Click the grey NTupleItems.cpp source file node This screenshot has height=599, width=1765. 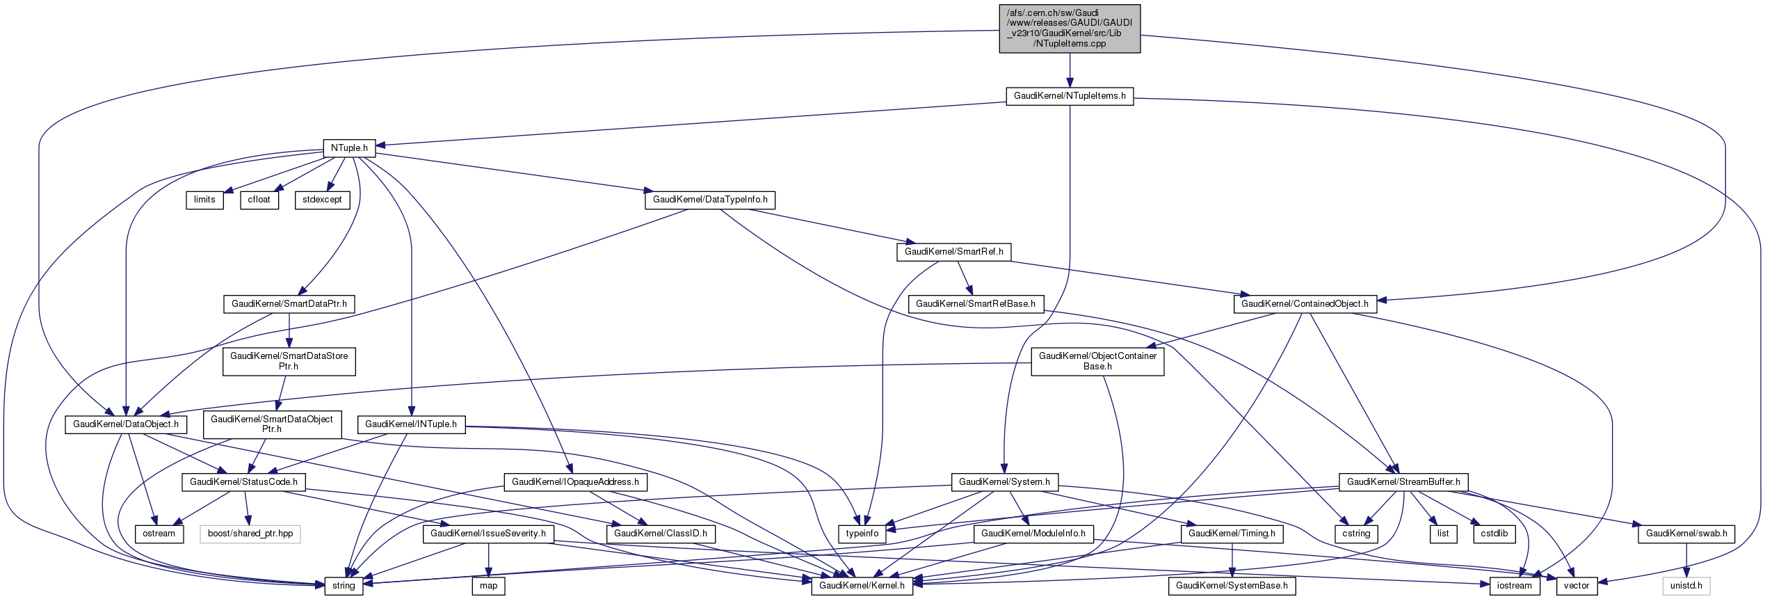(1070, 29)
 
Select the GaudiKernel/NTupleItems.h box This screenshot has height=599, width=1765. (1070, 96)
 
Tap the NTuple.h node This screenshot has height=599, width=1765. (349, 148)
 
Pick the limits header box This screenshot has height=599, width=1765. (204, 200)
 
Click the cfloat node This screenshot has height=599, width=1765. (259, 200)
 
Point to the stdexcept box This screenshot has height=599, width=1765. (322, 200)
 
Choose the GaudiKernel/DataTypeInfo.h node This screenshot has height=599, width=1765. (710, 200)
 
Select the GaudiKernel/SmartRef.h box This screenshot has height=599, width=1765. (953, 252)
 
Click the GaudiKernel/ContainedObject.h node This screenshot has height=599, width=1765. (1305, 304)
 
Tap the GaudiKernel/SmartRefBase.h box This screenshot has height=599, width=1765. (975, 304)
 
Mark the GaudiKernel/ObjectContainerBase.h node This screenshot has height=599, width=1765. (1097, 361)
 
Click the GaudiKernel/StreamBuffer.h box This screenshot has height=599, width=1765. (1403, 482)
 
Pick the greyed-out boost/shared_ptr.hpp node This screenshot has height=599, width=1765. (250, 534)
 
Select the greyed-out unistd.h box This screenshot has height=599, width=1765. (1686, 586)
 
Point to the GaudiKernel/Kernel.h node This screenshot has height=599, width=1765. (862, 586)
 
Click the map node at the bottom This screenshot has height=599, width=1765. (489, 586)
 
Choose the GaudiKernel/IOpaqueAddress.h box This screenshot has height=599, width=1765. (575, 482)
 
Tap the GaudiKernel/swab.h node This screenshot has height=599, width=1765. (1686, 534)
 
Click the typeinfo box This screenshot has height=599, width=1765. (862, 534)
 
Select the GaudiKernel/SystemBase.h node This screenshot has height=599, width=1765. (1232, 586)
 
